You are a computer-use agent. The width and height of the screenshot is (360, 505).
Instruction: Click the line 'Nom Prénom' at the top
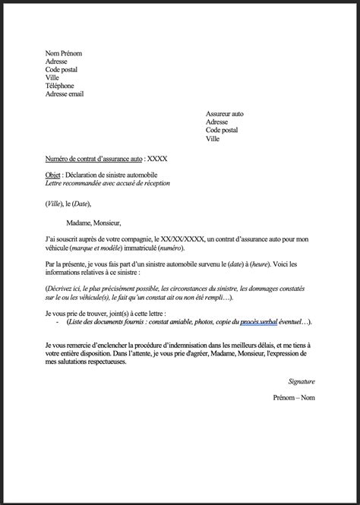click(63, 53)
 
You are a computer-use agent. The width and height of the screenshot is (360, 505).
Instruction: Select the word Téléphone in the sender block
click(60, 86)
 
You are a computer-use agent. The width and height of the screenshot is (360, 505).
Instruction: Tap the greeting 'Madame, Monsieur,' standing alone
click(102, 223)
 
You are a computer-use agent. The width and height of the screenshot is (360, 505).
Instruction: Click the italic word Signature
click(302, 380)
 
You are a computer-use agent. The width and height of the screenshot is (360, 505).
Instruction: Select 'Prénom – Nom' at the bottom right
click(294, 397)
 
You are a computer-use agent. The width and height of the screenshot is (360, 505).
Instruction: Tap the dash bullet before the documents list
click(58, 323)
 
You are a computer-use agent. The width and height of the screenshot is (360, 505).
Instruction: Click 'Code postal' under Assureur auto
click(222, 130)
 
